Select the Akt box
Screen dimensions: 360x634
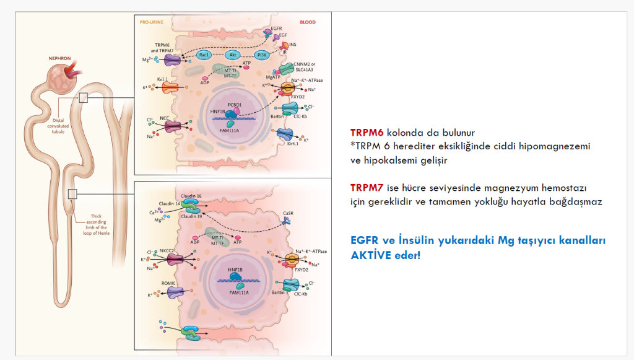233,55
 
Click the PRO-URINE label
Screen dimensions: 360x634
151,22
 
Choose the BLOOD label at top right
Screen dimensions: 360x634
307,22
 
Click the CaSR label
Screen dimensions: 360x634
287,213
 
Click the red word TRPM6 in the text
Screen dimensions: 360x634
367,133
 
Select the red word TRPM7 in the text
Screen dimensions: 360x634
367,187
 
